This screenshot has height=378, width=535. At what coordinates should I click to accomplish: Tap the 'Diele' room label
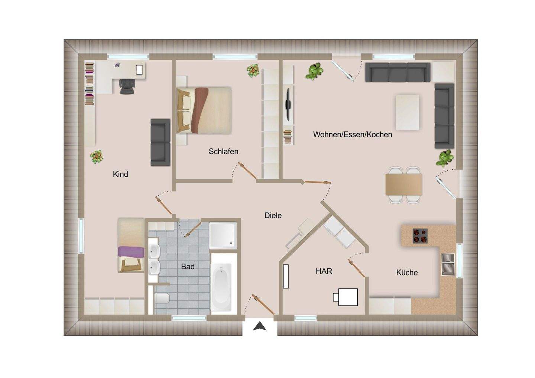(x=273, y=215)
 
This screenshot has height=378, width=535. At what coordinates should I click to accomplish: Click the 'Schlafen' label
(x=223, y=151)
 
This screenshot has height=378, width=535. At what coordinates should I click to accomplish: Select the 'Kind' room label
(x=120, y=174)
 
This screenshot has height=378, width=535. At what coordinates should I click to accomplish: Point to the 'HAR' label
(x=324, y=271)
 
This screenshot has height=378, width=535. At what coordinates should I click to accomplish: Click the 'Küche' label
(x=407, y=273)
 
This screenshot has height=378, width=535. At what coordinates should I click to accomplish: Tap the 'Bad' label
(x=188, y=267)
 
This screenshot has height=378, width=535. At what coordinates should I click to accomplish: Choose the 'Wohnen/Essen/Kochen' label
(x=353, y=134)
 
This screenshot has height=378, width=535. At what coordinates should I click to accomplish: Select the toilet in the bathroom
(x=162, y=298)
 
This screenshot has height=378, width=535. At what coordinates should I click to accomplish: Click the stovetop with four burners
(x=420, y=236)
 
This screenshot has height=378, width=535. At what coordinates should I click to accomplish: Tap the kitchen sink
(x=448, y=264)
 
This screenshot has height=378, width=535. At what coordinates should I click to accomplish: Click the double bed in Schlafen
(x=204, y=110)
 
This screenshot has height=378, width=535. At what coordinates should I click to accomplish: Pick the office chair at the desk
(x=126, y=87)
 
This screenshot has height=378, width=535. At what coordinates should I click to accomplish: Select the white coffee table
(x=407, y=112)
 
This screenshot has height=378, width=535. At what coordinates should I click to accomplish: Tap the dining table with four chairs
(x=403, y=185)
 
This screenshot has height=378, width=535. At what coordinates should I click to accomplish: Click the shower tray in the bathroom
(x=223, y=235)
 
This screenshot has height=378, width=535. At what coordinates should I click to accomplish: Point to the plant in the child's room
(x=97, y=157)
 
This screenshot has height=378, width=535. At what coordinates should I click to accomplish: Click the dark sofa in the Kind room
(x=160, y=142)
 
